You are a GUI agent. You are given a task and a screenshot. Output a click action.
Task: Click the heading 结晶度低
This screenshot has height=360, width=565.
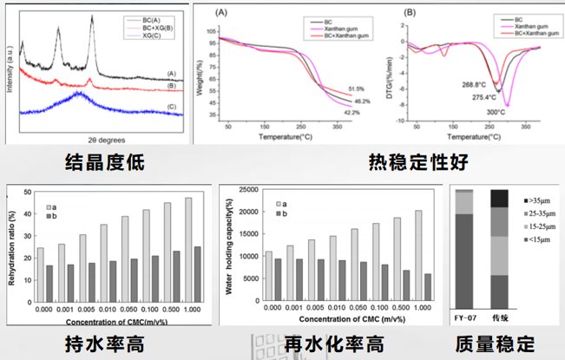(x=105, y=161)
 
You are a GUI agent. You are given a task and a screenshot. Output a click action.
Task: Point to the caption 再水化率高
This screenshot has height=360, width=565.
(x=336, y=344)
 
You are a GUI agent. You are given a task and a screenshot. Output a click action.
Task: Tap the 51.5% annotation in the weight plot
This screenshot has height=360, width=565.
(x=355, y=88)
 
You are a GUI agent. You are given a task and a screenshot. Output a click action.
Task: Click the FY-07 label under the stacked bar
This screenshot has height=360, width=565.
(x=465, y=317)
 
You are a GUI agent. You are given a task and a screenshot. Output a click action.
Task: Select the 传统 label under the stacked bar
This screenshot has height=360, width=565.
(x=500, y=317)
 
